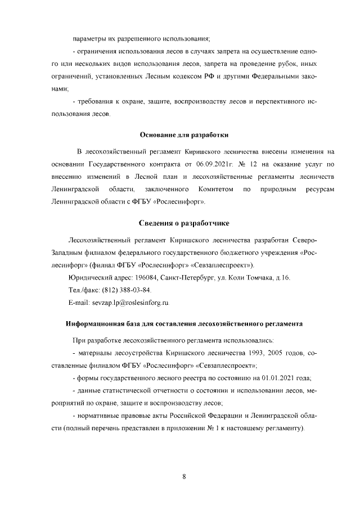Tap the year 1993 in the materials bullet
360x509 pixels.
point(251,353)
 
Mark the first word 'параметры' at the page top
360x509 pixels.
point(89,39)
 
